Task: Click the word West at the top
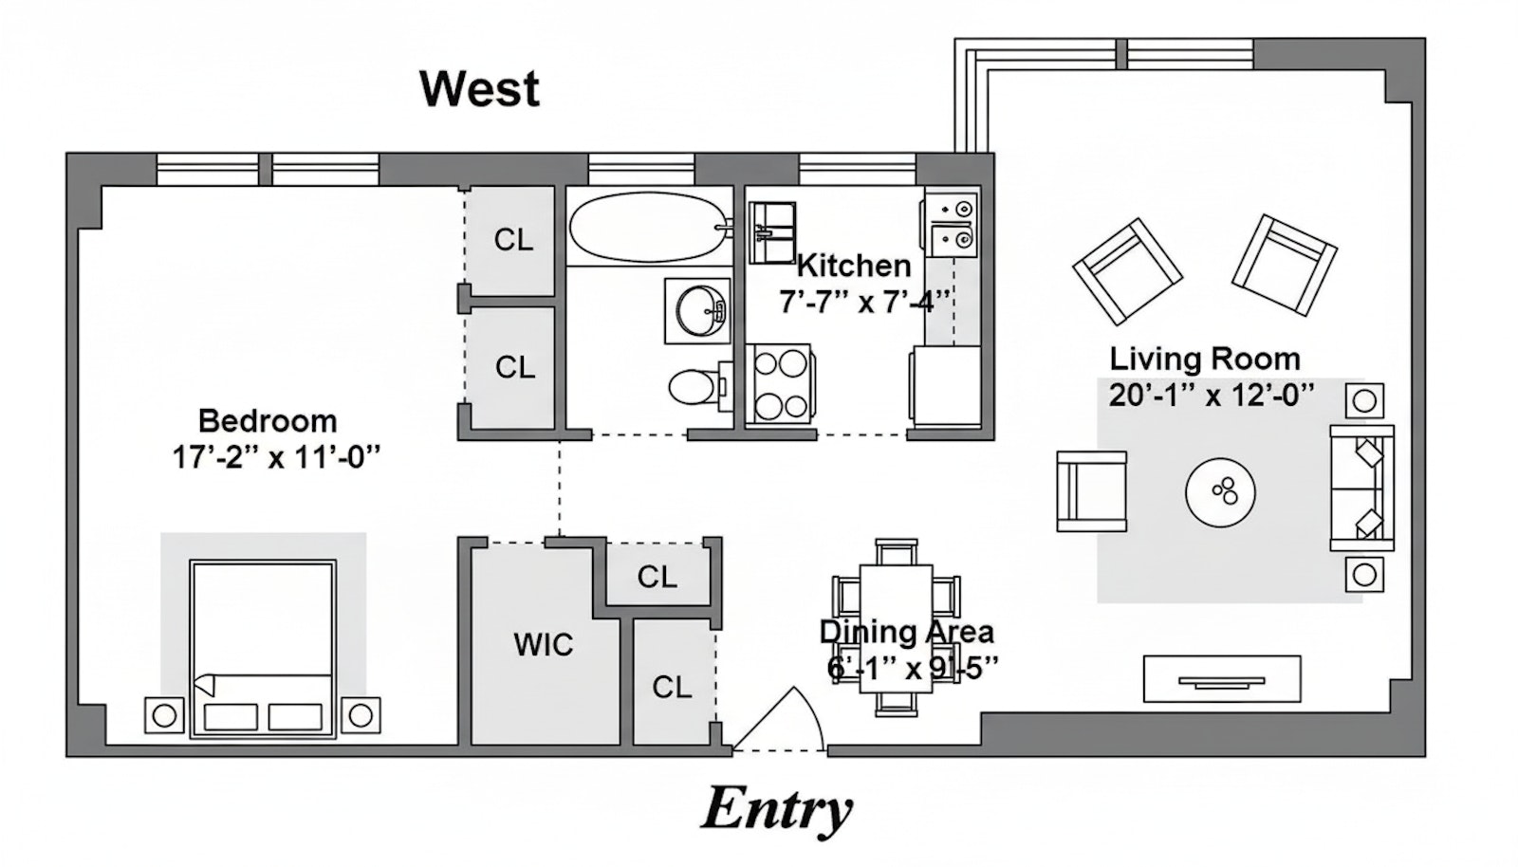[479, 88]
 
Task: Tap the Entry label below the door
[776, 809]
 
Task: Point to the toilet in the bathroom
[695, 387]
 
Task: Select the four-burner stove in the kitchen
[780, 383]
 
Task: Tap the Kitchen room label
[854, 266]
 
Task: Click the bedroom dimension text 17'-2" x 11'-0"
[275, 458]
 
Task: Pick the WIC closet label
[544, 645]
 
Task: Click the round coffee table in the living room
[1220, 492]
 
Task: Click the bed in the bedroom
[263, 650]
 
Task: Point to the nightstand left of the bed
[164, 714]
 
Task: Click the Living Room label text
[1205, 359]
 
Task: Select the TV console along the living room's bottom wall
[1221, 679]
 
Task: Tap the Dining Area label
[906, 632]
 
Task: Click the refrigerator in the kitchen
[946, 386]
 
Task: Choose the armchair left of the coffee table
[1091, 490]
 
